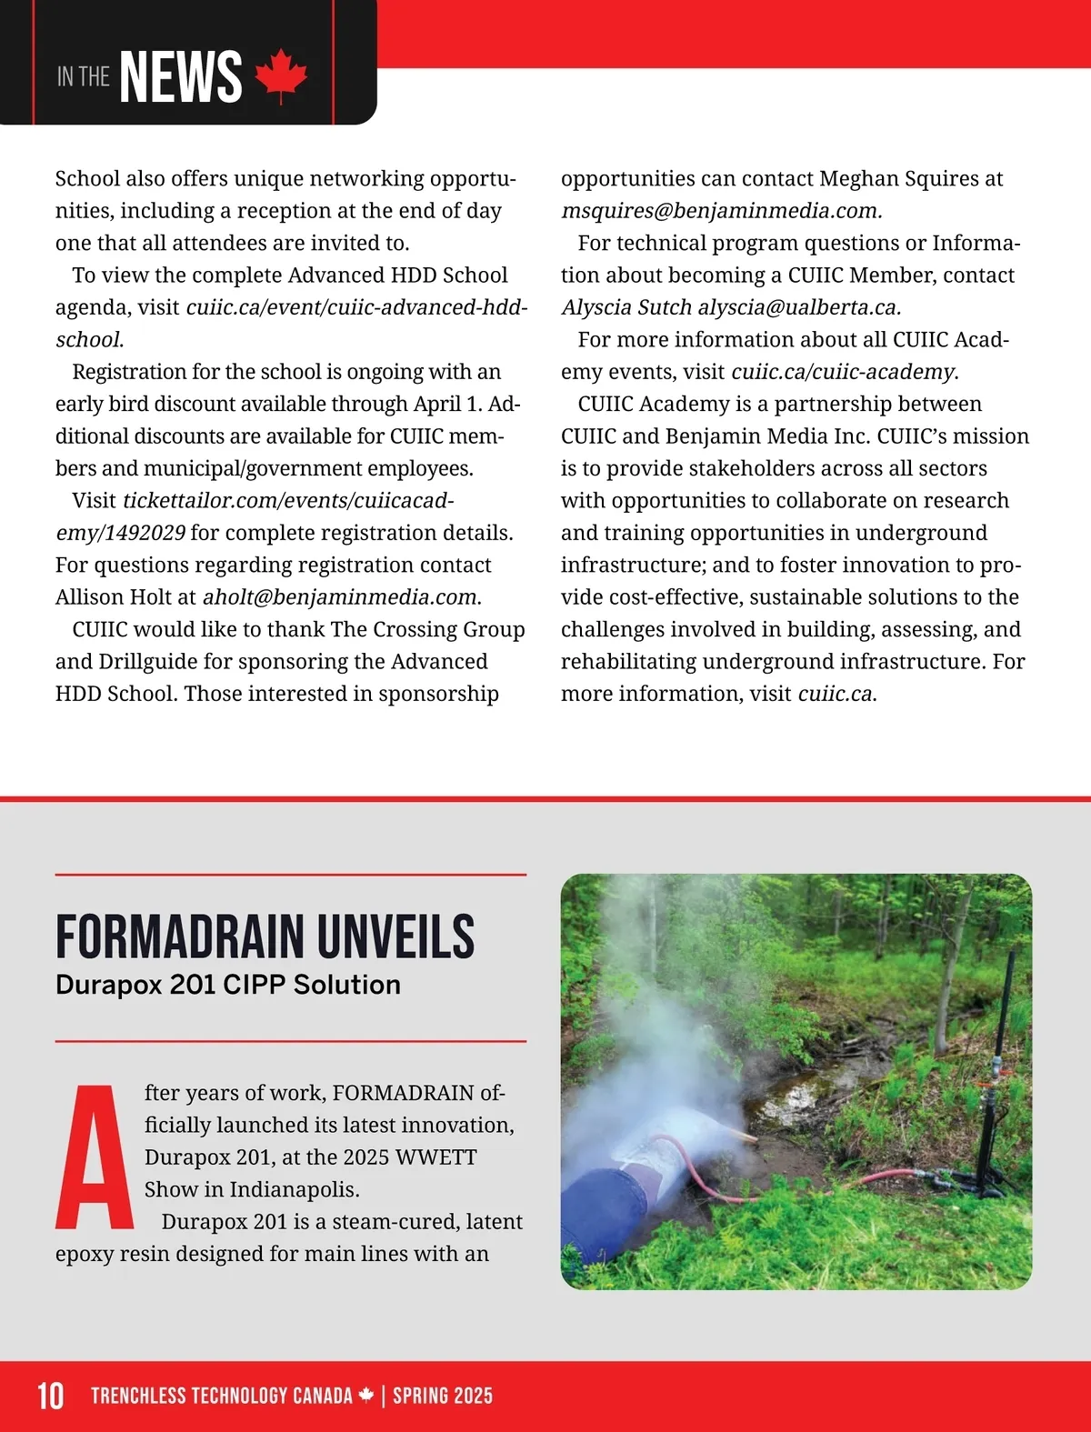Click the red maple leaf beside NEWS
281,76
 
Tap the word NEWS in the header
181,77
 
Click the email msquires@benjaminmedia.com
721,211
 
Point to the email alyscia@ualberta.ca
799,307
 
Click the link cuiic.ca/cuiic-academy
843,372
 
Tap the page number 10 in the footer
50,1396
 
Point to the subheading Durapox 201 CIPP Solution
228,985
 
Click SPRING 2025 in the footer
443,1396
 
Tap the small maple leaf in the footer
366,1395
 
